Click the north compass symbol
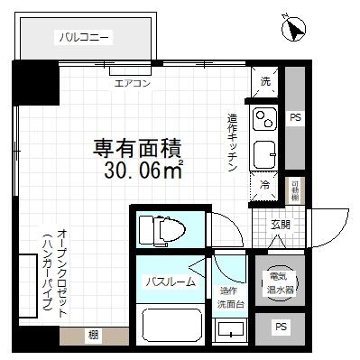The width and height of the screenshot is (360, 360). point(293,30)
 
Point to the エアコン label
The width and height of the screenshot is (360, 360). point(133,83)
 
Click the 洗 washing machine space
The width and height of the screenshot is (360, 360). point(265,82)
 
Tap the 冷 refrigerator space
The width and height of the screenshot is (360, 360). point(265,184)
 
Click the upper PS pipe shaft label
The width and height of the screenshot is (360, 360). point(295,118)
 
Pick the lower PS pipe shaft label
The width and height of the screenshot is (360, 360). point(281,326)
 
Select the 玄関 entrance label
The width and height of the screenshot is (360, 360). point(281,224)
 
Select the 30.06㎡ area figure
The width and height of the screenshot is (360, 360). point(143,170)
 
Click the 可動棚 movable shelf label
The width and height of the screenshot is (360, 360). point(293,192)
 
